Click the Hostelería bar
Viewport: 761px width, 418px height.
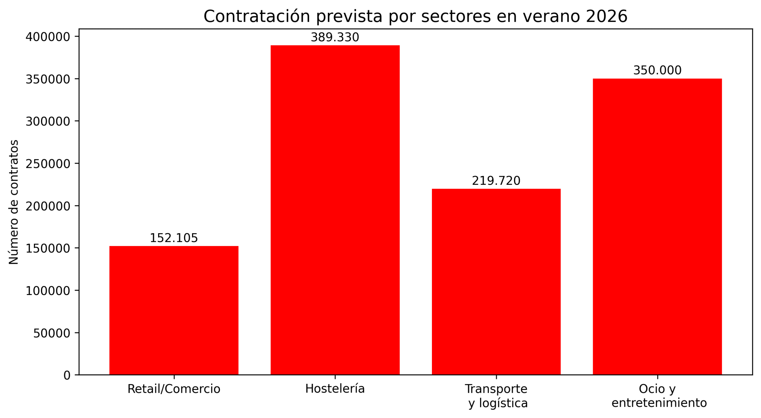pyautogui.click(x=335, y=210)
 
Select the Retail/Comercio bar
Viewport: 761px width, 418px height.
pyautogui.click(x=174, y=310)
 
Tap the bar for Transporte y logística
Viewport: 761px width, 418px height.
pyautogui.click(x=496, y=282)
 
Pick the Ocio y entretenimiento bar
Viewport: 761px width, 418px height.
pyautogui.click(x=657, y=226)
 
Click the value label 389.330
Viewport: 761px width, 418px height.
pyautogui.click(x=335, y=37)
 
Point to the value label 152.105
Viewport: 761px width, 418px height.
pyautogui.click(x=174, y=238)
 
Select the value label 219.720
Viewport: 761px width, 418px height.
pyautogui.click(x=496, y=181)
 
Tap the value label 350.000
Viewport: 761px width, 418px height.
pyautogui.click(x=657, y=70)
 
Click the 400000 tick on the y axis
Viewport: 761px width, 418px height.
pyautogui.click(x=48, y=37)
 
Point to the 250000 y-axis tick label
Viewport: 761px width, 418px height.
pyautogui.click(x=48, y=164)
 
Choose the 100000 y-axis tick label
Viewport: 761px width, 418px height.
pyautogui.click(x=48, y=291)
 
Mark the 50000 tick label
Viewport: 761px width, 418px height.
pyautogui.click(x=52, y=333)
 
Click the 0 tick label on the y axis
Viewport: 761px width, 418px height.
pyautogui.click(x=67, y=375)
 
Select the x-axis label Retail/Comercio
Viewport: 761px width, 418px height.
pyautogui.click(x=174, y=389)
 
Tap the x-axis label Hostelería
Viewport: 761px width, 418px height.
pyautogui.click(x=335, y=389)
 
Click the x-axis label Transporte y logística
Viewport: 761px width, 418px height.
pyautogui.click(x=496, y=396)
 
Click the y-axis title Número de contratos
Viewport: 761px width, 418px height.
pyautogui.click(x=14, y=202)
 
